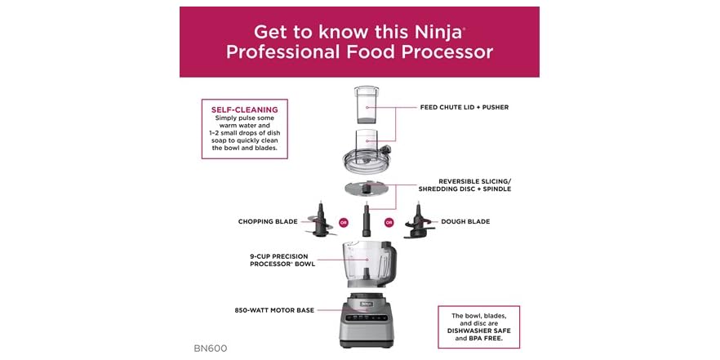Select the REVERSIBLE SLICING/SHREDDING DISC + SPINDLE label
point(476,185)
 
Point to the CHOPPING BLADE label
point(266,220)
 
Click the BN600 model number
point(210,348)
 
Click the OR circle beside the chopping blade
point(344,221)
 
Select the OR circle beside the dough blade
point(389,221)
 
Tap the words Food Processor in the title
point(420,51)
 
